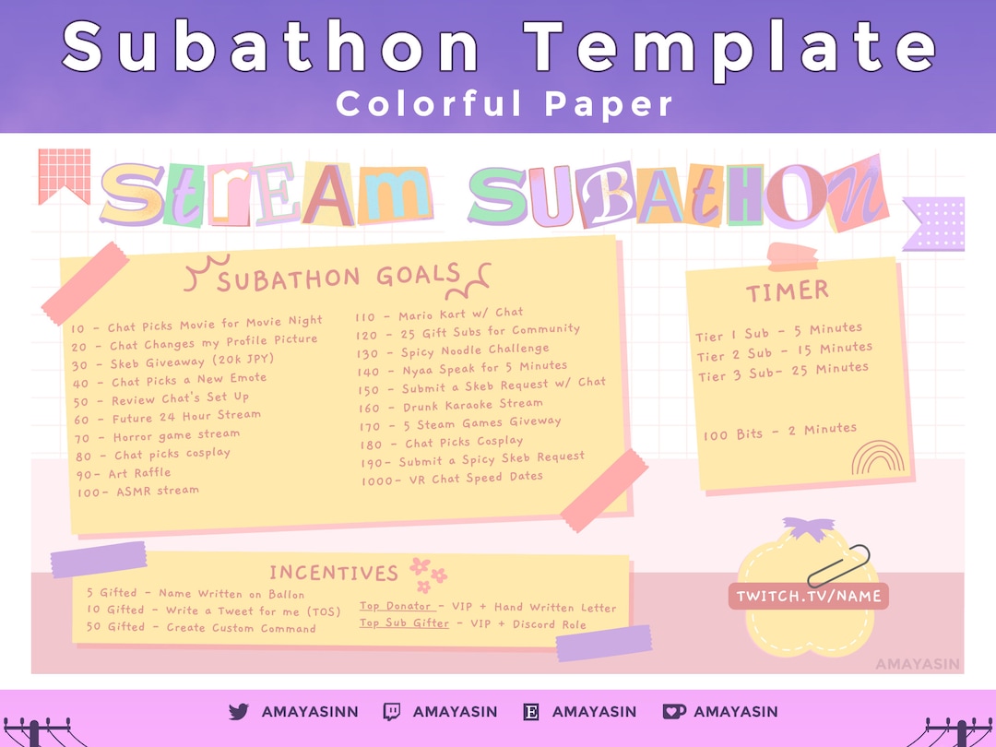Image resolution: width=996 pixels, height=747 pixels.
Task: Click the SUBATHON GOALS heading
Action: (338, 277)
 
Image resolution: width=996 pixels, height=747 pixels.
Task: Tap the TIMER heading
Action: (787, 292)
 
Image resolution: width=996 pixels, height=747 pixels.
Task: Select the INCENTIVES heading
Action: (333, 573)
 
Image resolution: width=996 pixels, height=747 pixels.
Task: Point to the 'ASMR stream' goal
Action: (138, 492)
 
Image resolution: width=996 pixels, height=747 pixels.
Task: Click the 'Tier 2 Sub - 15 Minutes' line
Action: (784, 351)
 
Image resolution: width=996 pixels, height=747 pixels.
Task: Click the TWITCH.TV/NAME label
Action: (808, 596)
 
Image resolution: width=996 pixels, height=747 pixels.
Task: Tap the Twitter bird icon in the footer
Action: (239, 712)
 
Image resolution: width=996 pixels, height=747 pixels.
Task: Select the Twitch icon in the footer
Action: (392, 712)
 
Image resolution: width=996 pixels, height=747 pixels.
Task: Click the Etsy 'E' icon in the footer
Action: (531, 712)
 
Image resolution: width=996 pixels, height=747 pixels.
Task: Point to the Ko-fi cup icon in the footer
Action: (673, 712)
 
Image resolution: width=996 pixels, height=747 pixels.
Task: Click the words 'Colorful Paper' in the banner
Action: (504, 103)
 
